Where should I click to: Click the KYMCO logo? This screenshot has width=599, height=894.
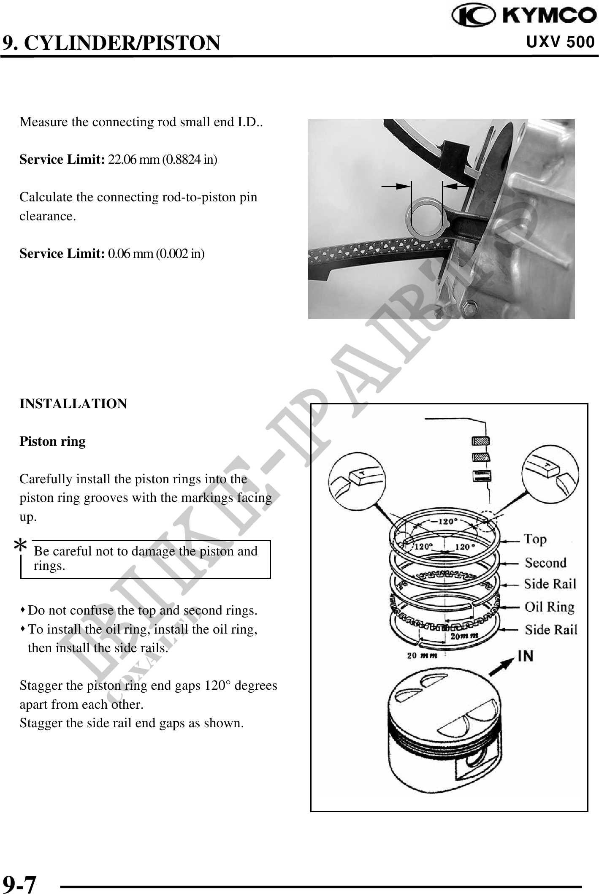coord(524,16)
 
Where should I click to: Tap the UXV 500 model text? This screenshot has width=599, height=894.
coord(561,42)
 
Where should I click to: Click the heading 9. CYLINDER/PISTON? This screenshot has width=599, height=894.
coord(111,43)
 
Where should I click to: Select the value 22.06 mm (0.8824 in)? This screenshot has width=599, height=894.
coord(163,160)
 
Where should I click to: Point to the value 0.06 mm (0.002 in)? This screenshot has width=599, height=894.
coord(157,254)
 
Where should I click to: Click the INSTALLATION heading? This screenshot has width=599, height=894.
coord(73,404)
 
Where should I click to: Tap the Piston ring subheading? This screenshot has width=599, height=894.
coord(53,442)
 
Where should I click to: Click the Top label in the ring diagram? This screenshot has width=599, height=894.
coord(535,539)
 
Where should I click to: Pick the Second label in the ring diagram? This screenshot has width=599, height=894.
coord(545,563)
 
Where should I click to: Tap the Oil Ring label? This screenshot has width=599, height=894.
coord(549,607)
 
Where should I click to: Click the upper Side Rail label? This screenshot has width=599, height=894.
coord(550,584)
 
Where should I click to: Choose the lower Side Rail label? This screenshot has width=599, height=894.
coord(551,630)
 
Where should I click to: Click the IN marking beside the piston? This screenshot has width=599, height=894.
coord(526,656)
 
